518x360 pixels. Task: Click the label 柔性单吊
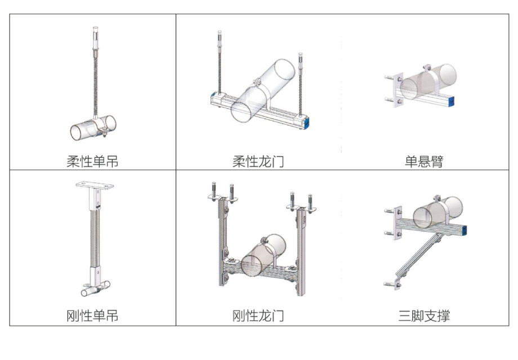click(x=92, y=162)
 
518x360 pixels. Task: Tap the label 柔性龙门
click(x=258, y=162)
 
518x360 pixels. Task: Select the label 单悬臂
click(x=424, y=162)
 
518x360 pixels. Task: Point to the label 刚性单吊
click(x=92, y=316)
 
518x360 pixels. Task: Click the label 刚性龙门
click(x=258, y=316)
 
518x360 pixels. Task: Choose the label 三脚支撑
click(x=424, y=316)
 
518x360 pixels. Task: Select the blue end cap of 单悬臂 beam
click(x=453, y=102)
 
